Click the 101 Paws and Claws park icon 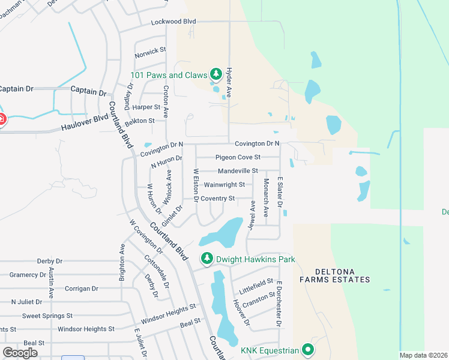click(216, 75)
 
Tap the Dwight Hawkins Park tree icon click(207, 259)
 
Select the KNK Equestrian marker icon click(308, 349)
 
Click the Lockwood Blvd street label click(174, 22)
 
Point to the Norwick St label click(150, 53)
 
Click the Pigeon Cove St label click(238, 157)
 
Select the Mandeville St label click(238, 171)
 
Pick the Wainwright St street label click(224, 185)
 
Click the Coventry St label click(218, 199)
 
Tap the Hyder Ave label click(229, 83)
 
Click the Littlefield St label click(256, 287)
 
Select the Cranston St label click(259, 299)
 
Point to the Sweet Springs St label click(47, 316)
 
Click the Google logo click(20, 353)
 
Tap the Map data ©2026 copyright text click(423, 355)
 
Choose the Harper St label click(146, 107)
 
